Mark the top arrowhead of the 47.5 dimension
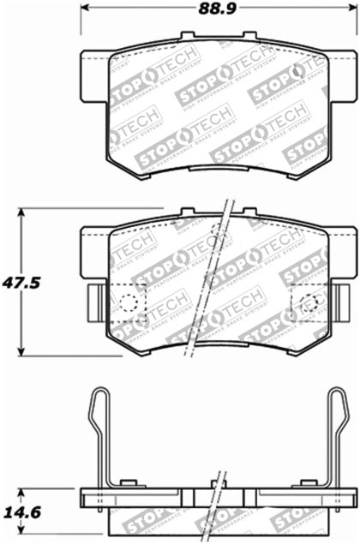click(x=23, y=212)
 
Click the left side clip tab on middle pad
click(x=95, y=302)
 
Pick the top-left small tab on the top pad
click(x=188, y=37)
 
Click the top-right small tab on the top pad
click(x=249, y=37)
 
